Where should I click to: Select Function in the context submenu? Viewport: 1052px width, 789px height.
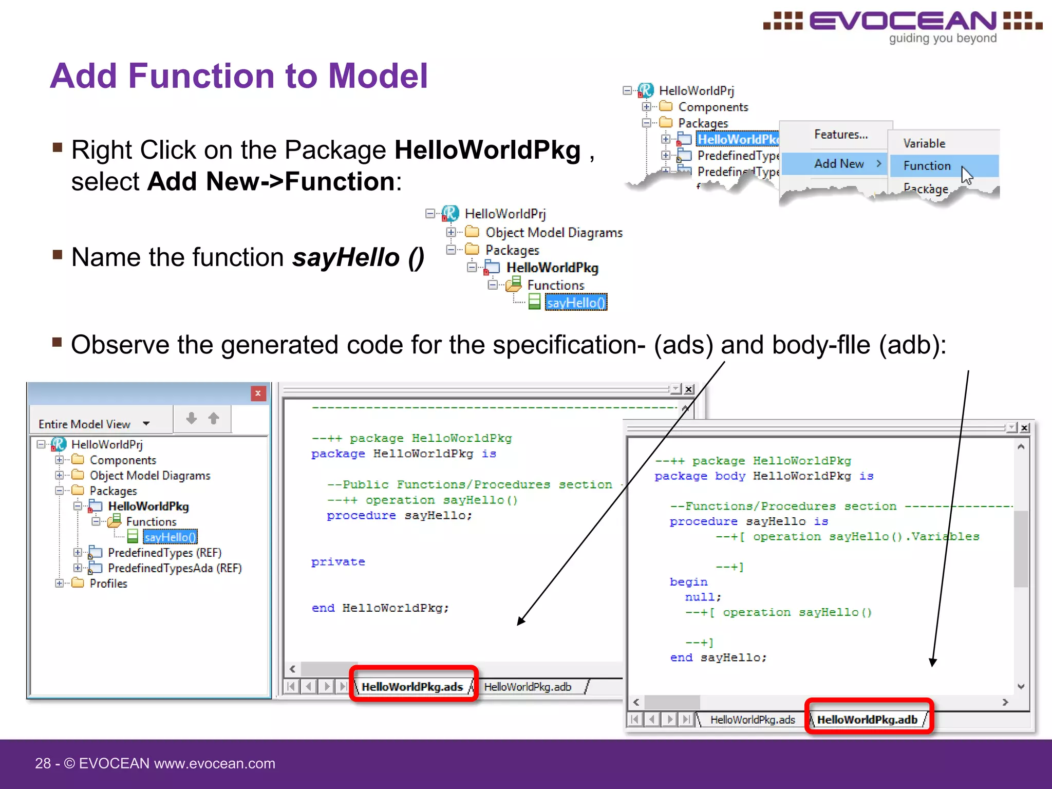927,166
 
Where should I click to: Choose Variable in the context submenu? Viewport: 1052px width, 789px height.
924,143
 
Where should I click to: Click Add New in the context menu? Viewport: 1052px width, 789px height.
839,164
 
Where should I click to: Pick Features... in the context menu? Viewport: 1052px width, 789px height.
840,135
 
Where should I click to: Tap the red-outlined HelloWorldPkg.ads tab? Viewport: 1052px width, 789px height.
412,687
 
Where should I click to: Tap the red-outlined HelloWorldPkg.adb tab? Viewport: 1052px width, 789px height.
867,720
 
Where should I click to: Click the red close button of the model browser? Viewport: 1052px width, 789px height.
258,393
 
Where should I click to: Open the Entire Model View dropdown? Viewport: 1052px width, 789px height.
146,424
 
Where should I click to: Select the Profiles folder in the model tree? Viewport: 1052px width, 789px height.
108,584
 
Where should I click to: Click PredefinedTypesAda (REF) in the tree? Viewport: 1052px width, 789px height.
175,568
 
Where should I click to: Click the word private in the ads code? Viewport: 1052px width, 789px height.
338,562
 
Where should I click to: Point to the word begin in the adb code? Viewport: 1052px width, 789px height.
688,582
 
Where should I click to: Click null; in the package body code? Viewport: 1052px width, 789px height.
703,597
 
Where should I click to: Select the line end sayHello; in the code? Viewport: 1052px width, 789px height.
718,657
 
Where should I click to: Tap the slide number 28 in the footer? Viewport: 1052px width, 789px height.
43,763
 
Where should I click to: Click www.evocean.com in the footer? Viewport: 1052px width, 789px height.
215,763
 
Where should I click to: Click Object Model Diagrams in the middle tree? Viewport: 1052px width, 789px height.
554,233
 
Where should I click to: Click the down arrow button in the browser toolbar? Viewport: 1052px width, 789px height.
192,419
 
